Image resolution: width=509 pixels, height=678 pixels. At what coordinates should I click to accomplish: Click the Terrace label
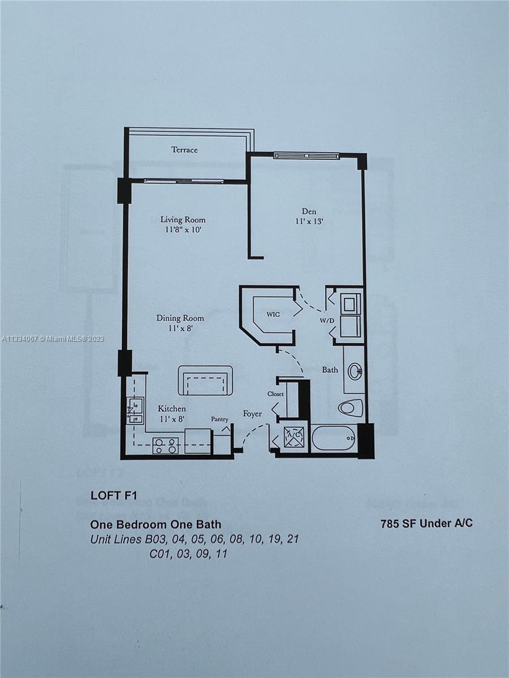[x=184, y=150]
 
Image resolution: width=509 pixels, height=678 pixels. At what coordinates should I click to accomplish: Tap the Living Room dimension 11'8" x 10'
[x=182, y=230]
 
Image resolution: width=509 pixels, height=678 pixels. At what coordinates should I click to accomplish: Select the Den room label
[x=309, y=211]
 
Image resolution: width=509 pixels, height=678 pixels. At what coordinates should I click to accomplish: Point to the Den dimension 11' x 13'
[x=309, y=221]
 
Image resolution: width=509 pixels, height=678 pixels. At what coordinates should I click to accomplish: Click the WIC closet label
[x=274, y=314]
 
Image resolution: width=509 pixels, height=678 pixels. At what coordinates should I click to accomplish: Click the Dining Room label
[x=180, y=318]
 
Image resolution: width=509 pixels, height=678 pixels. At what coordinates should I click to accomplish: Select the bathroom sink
[x=355, y=371]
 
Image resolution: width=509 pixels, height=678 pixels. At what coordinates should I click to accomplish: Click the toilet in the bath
[x=351, y=407]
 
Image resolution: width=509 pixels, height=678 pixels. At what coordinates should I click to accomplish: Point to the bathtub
[x=334, y=438]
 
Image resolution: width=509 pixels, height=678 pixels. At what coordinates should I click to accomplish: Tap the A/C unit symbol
[x=294, y=437]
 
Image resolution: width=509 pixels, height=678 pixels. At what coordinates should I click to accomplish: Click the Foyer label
[x=252, y=414]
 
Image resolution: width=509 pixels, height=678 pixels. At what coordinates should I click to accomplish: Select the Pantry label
[x=219, y=419]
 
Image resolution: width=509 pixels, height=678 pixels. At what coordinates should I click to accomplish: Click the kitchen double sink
[x=135, y=410]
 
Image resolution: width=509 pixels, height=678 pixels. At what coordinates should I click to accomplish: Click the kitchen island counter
[x=205, y=380]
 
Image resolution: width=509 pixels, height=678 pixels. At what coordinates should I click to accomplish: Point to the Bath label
[x=330, y=370]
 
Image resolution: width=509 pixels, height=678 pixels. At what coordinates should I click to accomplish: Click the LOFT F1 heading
[x=113, y=496]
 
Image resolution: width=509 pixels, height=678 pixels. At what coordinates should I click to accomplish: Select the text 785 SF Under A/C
[x=427, y=523]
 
